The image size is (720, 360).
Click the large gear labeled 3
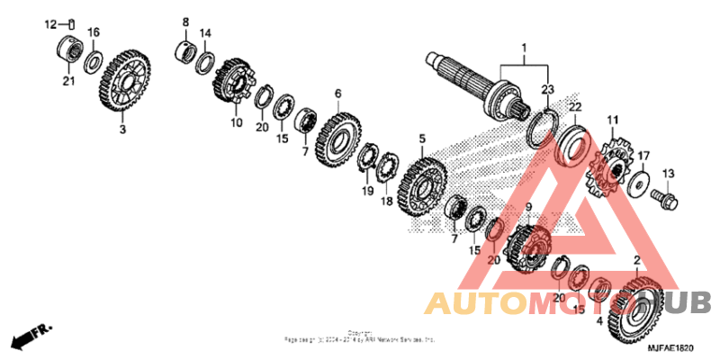122,84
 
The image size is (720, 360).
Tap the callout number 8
185,22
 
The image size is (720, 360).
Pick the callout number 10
236,122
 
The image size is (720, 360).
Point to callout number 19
367,192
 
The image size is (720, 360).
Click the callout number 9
529,208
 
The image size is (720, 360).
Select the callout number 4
600,319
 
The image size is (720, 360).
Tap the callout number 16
93,32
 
